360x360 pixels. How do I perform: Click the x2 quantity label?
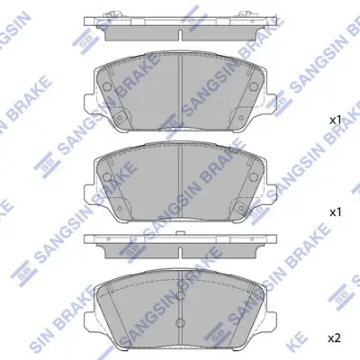[334, 338]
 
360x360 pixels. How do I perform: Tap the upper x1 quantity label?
[335, 121]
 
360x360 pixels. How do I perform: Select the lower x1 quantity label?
[335, 212]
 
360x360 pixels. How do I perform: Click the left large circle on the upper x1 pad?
[107, 86]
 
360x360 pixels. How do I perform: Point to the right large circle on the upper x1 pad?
[254, 86]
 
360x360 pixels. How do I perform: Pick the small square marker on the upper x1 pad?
[120, 117]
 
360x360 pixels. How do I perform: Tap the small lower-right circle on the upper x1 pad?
[240, 118]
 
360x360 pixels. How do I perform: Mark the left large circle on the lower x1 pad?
[107, 177]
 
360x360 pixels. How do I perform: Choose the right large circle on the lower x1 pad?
[254, 177]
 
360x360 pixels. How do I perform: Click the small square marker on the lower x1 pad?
[240, 207]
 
